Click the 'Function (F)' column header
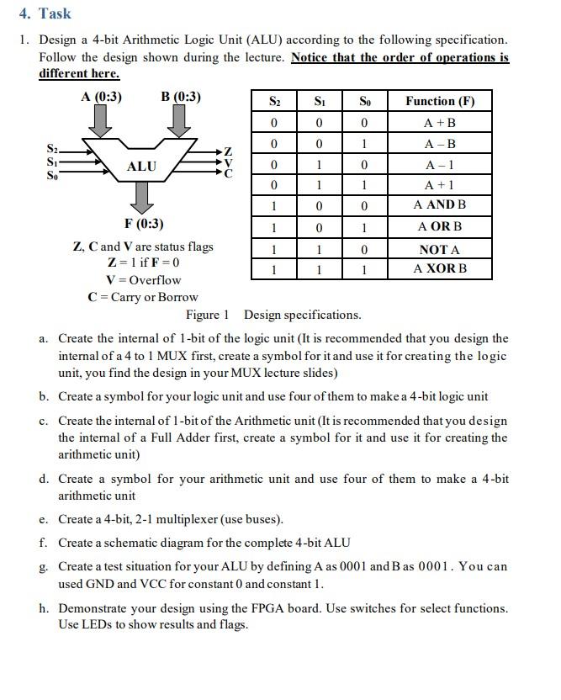coord(440,101)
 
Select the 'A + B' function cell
coord(440,123)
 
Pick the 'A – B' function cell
coord(440,144)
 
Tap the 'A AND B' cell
coord(440,204)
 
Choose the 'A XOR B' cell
coord(440,268)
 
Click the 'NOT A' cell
coord(440,249)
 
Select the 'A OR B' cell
coord(440,226)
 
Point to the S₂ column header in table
coord(274,101)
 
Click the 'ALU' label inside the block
coord(141,167)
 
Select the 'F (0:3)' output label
coord(143,224)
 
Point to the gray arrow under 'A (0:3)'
coord(101,121)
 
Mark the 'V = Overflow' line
coord(143,280)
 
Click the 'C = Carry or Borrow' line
coord(143,297)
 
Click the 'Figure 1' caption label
coord(208,315)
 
